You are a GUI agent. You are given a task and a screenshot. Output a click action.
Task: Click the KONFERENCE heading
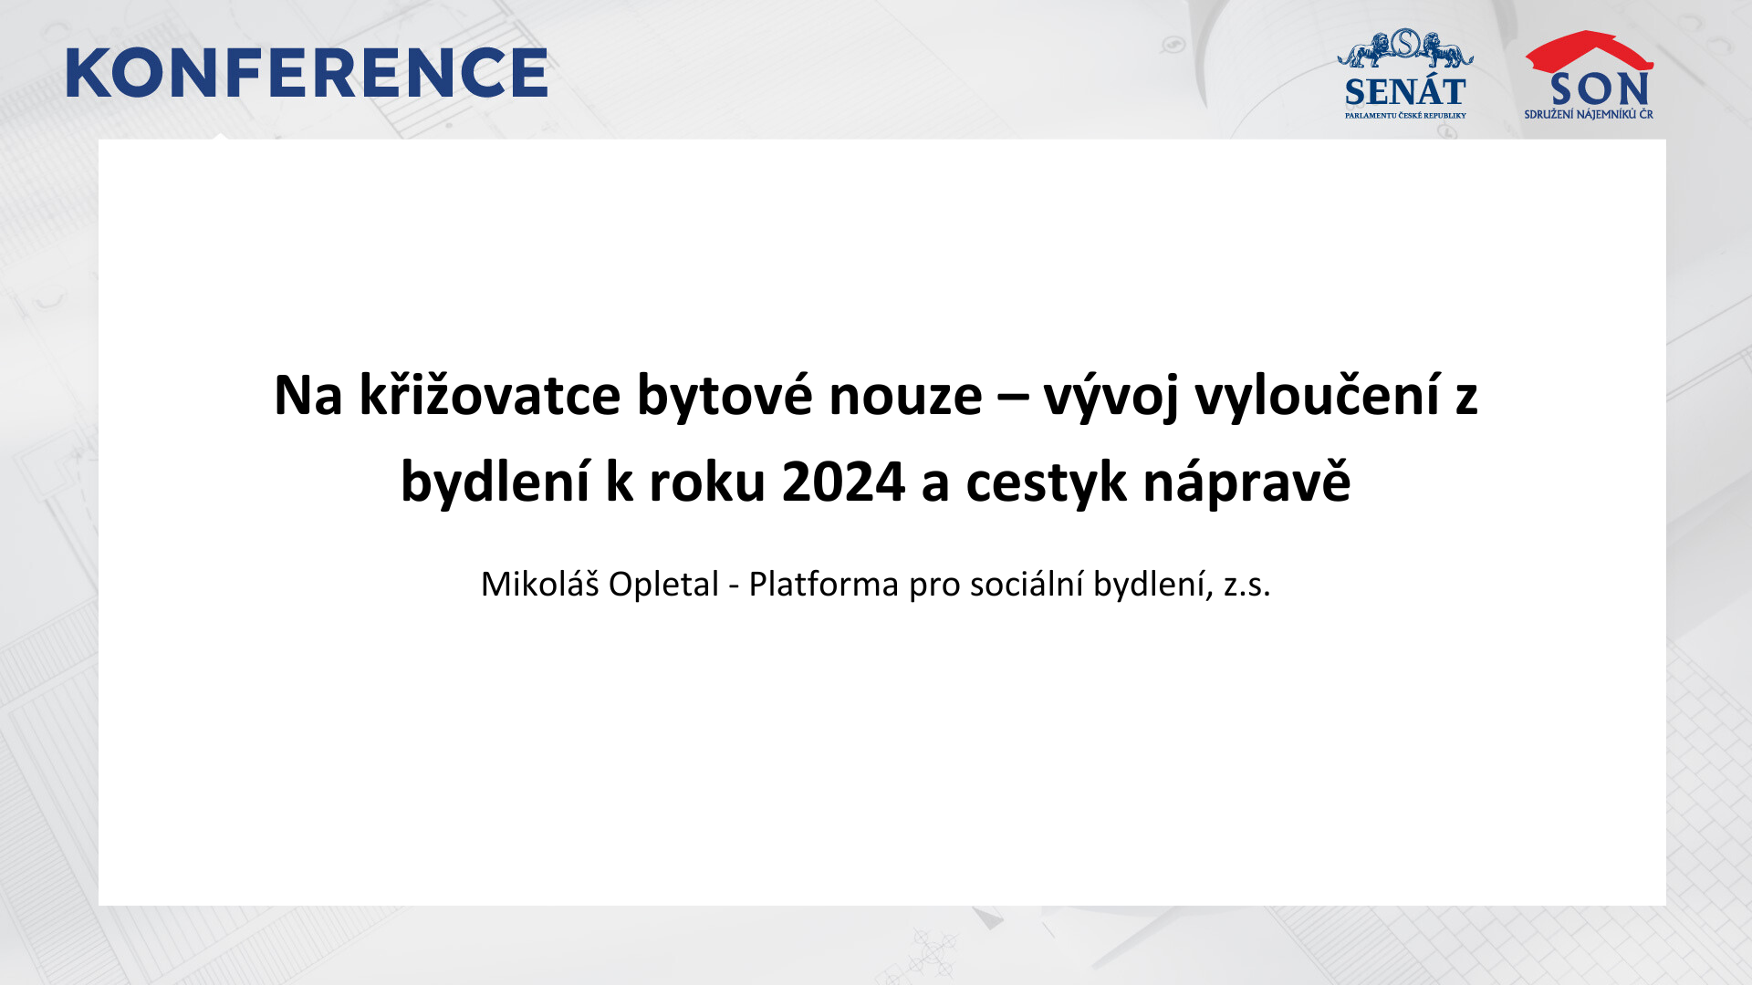307,73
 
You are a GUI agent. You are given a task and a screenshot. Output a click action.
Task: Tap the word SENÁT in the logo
1405,92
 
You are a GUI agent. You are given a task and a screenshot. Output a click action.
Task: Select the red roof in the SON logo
1590,51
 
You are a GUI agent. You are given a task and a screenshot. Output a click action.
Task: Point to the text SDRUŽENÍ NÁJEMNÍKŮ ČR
1589,114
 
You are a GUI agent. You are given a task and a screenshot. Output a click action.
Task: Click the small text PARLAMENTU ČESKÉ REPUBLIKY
1405,116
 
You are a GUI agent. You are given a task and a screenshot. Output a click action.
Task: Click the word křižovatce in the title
490,395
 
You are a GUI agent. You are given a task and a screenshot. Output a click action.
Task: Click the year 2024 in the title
843,482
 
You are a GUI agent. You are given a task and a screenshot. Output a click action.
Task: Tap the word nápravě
1246,482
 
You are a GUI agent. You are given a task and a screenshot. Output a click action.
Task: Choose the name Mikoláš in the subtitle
539,584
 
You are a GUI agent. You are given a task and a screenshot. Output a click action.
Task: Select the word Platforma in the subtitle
823,584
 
